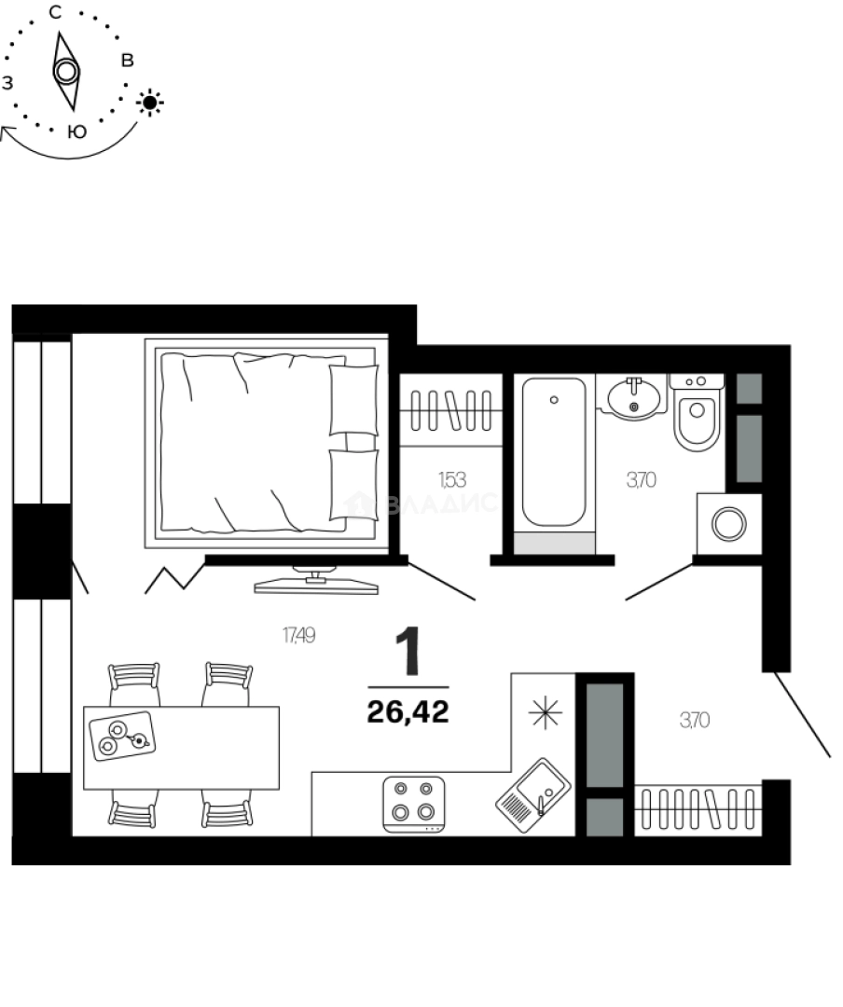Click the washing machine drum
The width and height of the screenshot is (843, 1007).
[x=728, y=524]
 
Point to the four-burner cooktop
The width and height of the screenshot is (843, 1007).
[x=413, y=801]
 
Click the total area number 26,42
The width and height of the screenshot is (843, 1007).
[x=408, y=713]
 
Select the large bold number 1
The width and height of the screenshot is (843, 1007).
[x=408, y=652]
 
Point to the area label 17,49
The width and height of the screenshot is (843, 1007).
[x=298, y=636]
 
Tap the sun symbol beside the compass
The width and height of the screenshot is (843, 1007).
[x=150, y=102]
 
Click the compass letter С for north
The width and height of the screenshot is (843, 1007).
[x=55, y=12]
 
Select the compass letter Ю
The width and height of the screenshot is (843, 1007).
[x=78, y=132]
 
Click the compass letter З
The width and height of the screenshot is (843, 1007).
[x=8, y=83]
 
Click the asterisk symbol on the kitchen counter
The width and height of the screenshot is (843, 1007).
[x=546, y=714]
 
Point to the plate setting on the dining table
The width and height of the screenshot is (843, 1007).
[x=122, y=734]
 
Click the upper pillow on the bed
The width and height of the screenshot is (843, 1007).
[x=353, y=399]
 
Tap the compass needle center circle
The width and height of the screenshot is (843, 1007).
[x=65, y=71]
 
